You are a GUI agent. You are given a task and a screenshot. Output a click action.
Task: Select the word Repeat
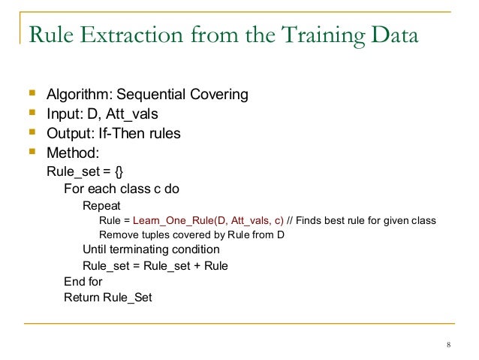pos(100,204)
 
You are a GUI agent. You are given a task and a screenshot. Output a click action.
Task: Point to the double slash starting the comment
pos(291,220)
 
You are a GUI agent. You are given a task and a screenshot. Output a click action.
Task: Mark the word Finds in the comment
pos(311,220)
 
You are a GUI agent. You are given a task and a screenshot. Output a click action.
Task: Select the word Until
pos(95,250)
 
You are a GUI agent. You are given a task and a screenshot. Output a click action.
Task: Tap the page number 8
pos(447,346)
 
